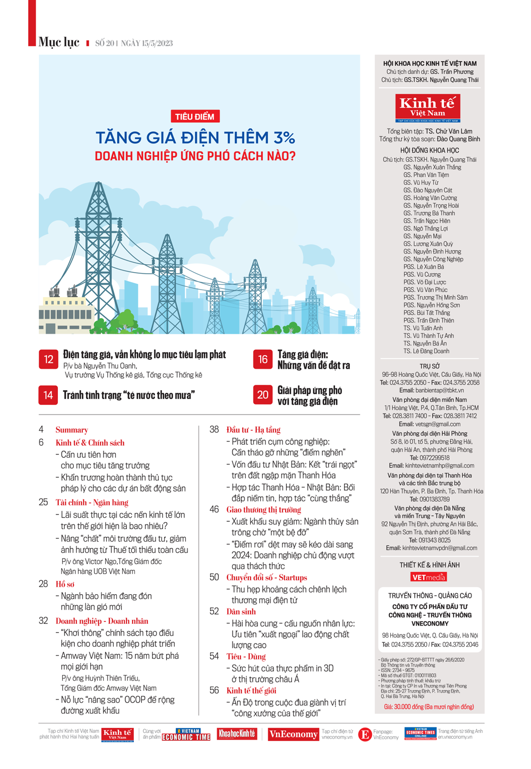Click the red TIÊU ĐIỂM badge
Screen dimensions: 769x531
point(195,116)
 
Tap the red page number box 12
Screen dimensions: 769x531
point(48,360)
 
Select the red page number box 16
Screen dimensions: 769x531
point(263,360)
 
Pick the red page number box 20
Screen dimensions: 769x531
point(263,395)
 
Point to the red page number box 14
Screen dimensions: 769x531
point(48,395)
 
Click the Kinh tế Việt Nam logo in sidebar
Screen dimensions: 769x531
point(427,108)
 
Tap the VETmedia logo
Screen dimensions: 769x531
point(429,577)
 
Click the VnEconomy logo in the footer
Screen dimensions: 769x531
point(293,734)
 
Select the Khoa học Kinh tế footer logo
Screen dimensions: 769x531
point(237,734)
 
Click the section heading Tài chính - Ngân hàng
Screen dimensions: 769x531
point(92,503)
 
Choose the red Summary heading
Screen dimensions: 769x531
point(72,430)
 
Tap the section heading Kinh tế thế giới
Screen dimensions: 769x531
point(251,691)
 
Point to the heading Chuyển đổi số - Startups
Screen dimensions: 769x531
point(267,578)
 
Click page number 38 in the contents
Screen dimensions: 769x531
point(214,429)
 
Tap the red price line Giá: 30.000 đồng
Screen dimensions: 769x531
point(429,707)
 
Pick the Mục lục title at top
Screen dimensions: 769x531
point(59,43)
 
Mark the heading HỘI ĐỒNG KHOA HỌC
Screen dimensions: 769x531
point(430,150)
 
